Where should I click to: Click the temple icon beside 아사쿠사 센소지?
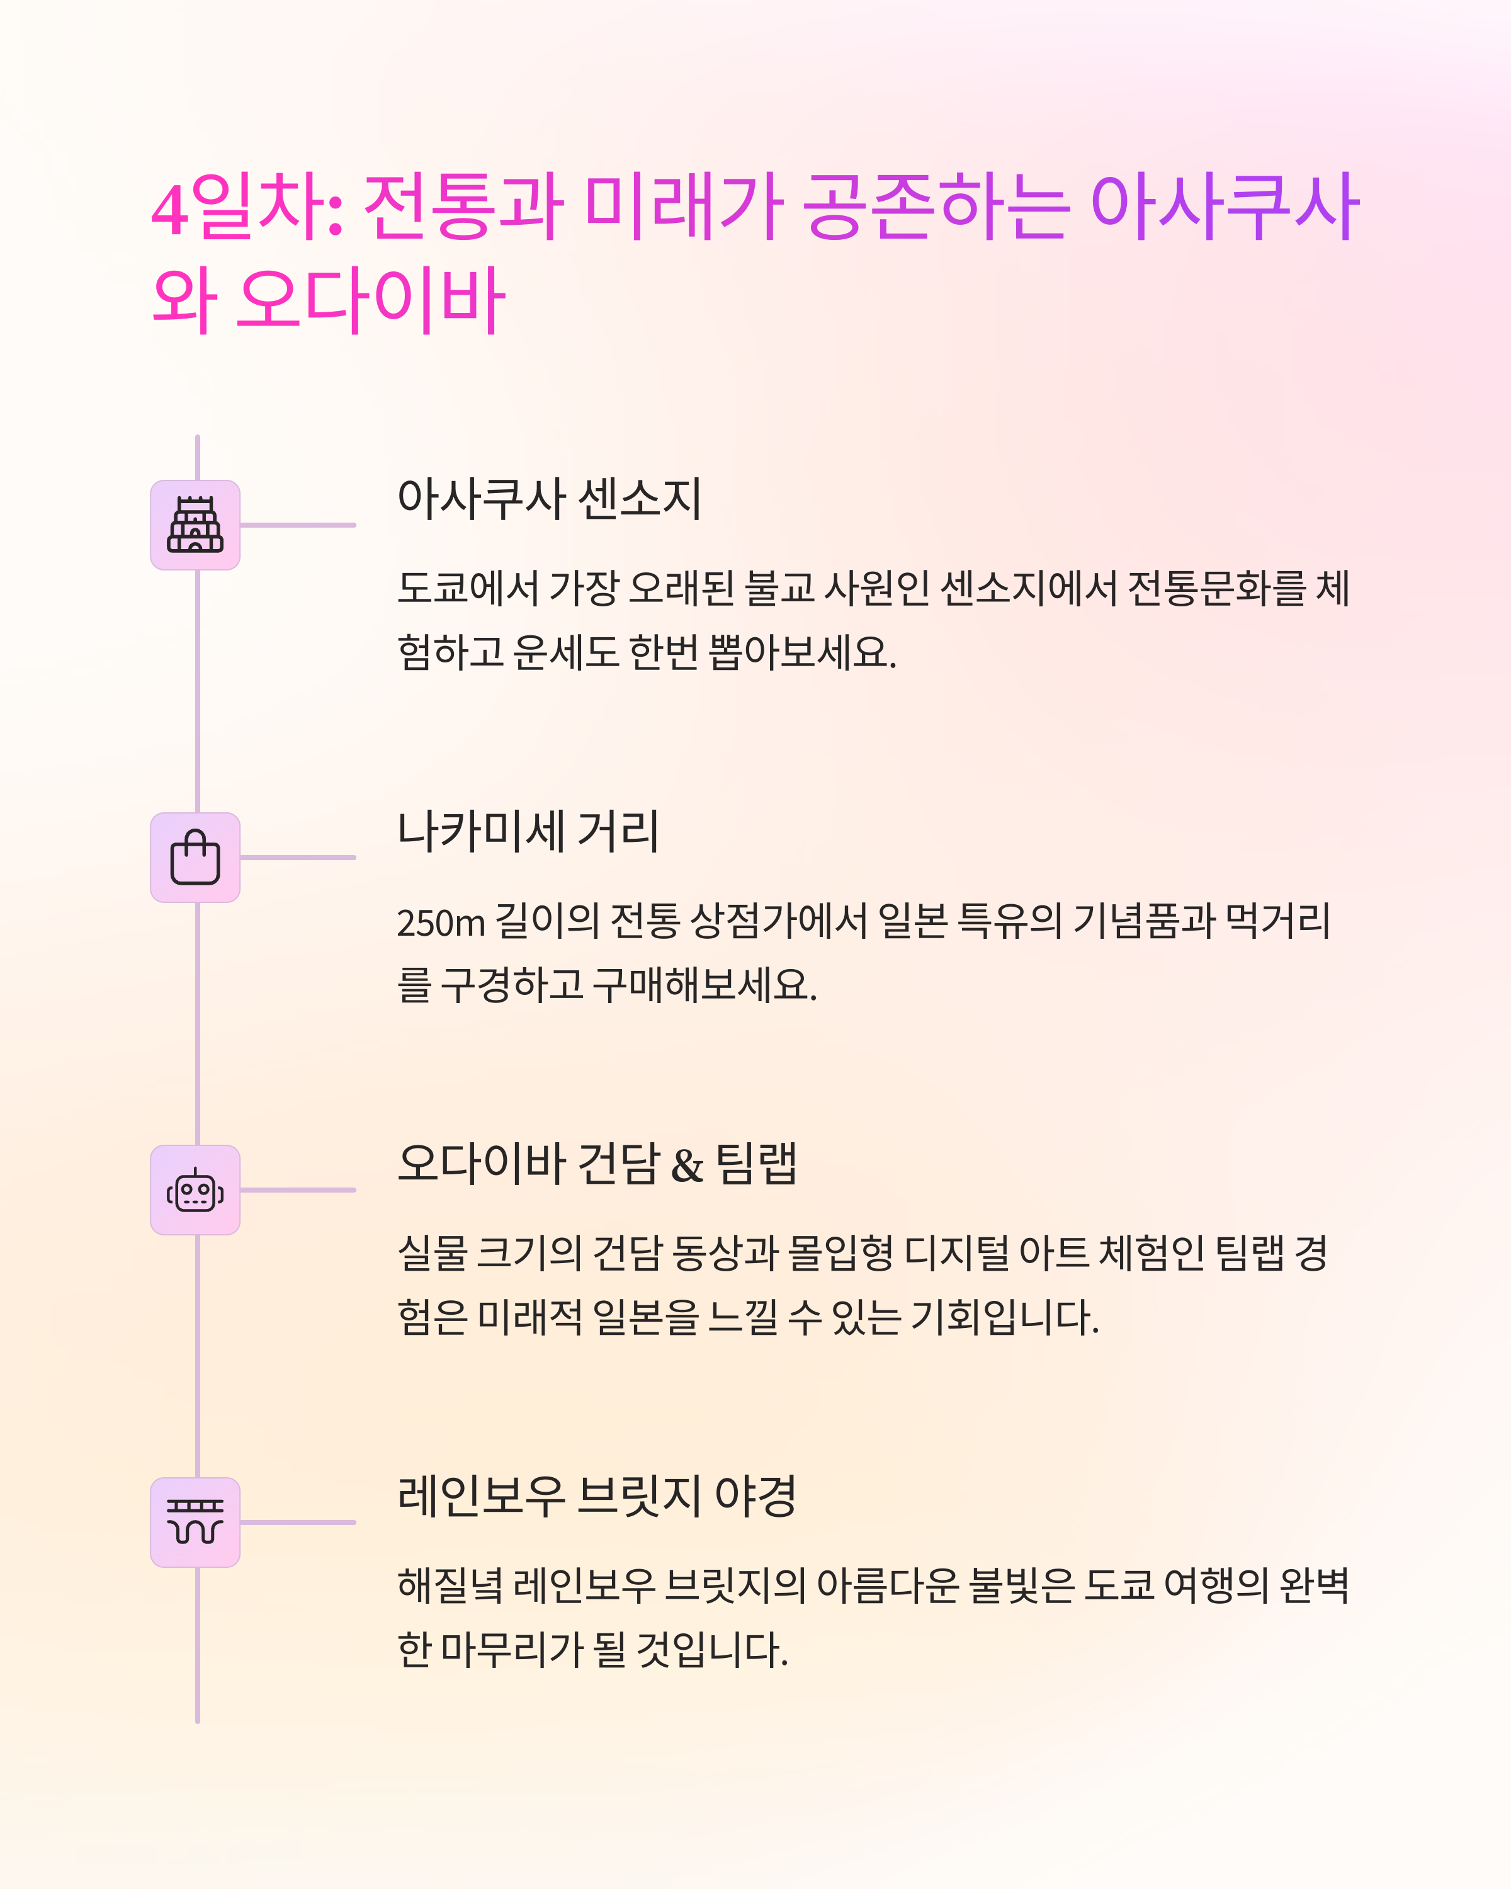(x=195, y=525)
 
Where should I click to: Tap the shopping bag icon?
(x=195, y=858)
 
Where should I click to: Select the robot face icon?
(x=195, y=1190)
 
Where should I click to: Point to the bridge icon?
(x=195, y=1522)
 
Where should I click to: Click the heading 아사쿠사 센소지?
(x=549, y=499)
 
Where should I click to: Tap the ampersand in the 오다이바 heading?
(x=687, y=1166)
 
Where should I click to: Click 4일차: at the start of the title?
(x=247, y=208)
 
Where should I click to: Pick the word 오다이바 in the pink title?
(x=371, y=300)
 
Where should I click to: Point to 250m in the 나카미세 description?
(x=441, y=922)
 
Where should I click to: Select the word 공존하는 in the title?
(x=936, y=208)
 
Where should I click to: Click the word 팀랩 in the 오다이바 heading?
(x=756, y=1164)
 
